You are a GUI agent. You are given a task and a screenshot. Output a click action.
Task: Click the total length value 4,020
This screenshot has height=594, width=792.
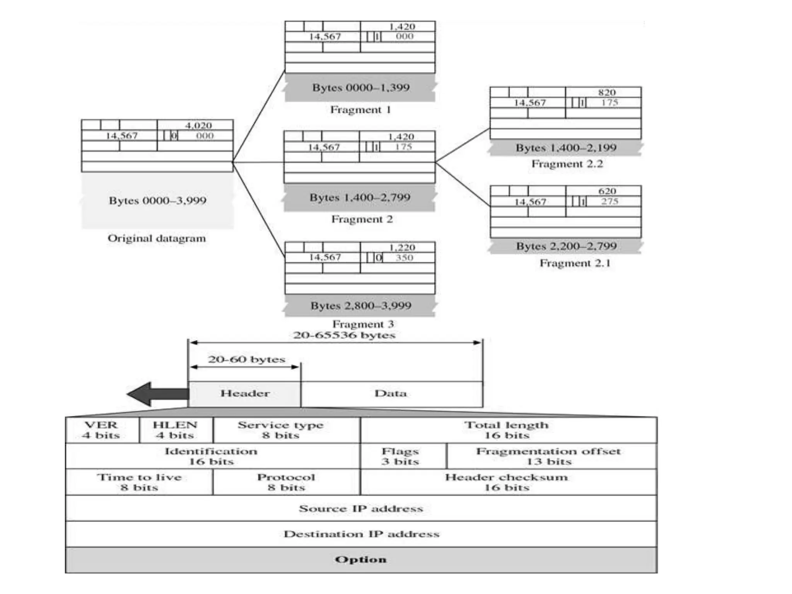[x=198, y=125]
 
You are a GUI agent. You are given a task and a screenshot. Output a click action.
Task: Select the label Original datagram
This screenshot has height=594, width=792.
[x=157, y=238]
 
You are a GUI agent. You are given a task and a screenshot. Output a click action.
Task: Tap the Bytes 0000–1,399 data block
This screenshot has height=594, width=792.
[x=360, y=87]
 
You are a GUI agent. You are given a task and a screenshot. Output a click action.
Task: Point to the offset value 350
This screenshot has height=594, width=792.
[x=404, y=258]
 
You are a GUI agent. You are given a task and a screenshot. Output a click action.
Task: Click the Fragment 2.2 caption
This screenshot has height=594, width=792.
[x=567, y=164]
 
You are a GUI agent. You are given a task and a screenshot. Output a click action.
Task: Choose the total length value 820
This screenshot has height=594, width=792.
[x=606, y=92]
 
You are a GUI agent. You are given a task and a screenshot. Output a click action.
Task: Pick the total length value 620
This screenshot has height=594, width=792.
[x=607, y=191]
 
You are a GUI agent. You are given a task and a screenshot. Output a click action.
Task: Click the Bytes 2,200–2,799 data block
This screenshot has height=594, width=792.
[x=566, y=246]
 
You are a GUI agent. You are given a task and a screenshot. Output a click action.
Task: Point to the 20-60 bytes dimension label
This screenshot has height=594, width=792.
[x=246, y=359]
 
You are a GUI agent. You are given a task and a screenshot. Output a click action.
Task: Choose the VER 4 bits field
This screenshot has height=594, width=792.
[x=102, y=430]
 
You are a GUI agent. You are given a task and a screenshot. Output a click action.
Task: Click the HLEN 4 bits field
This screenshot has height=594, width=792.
[x=175, y=430]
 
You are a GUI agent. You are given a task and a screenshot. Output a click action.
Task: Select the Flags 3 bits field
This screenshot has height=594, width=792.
[x=400, y=456]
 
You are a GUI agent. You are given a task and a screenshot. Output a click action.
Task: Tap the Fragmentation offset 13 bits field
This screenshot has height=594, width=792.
[x=548, y=456]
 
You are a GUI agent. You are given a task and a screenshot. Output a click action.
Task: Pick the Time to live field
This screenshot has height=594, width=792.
[x=139, y=482]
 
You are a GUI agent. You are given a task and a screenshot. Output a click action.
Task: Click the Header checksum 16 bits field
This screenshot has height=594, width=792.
[x=507, y=482]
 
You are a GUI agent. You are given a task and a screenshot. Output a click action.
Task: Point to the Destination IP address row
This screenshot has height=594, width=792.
[x=361, y=534]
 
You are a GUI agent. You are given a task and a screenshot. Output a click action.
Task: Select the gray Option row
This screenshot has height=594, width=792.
[x=361, y=560]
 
